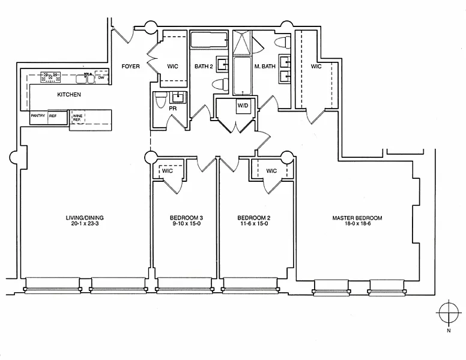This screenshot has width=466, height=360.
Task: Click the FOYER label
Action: (130, 66)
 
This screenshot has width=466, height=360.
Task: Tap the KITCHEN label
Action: (69, 95)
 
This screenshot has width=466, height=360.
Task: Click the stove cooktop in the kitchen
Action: (50, 77)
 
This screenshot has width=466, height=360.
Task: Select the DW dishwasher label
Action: (101, 78)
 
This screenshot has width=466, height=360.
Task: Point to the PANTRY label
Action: (38, 116)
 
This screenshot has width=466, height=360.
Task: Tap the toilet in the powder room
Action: (161, 100)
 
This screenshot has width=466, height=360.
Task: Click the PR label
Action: (173, 109)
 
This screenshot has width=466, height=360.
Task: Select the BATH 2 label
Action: (204, 67)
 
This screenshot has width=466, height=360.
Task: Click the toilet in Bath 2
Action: (220, 84)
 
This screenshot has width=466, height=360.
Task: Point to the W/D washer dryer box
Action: (243, 106)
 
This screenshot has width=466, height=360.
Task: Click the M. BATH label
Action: (265, 67)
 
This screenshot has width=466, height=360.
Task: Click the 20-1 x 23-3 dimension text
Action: (85, 224)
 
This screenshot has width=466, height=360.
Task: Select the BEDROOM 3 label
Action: (186, 218)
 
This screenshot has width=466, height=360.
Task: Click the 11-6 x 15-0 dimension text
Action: (254, 224)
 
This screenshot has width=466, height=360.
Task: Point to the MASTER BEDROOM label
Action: (357, 218)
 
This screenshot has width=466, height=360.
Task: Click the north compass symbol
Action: (449, 313)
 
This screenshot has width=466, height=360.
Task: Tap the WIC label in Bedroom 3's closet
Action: (168, 171)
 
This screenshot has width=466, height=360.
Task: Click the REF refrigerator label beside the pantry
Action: (53, 116)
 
